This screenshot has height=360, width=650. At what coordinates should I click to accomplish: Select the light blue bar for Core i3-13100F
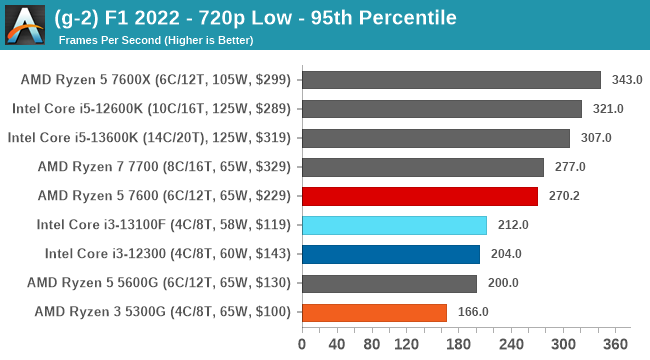394,225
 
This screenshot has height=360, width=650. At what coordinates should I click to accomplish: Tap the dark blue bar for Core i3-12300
390,254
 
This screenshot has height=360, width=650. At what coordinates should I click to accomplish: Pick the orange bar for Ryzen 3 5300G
374,312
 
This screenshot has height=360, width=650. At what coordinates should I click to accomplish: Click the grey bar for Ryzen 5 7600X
451,80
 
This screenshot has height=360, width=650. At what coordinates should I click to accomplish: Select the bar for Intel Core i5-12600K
441,109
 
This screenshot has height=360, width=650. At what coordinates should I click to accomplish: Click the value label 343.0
627,80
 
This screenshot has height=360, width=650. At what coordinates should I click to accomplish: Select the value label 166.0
473,312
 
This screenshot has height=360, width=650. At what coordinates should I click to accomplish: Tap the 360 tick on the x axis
616,344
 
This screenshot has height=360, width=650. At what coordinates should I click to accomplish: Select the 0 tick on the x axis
302,344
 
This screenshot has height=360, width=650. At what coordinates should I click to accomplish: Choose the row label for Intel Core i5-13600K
149,138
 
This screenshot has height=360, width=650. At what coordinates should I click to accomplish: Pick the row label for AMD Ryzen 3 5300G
162,312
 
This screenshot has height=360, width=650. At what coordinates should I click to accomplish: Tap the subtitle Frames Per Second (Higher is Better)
156,40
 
